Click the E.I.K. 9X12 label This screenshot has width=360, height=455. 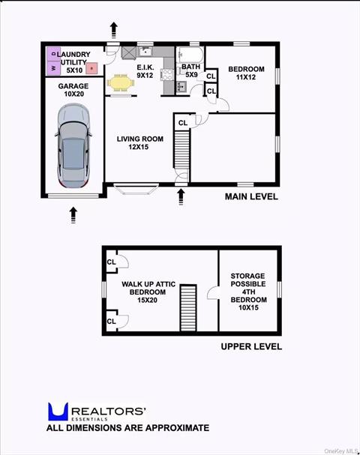pos(145,71)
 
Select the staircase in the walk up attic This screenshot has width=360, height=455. pos(187,307)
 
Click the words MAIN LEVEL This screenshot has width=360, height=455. pos(251,197)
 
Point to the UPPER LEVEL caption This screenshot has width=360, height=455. pos(251,346)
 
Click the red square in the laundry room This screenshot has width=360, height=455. pos(91,68)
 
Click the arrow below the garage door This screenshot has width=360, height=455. pos(73,215)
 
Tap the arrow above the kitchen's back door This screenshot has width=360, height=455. pos(113,30)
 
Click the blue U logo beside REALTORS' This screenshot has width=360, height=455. pos(58,411)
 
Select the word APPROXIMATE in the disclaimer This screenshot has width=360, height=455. pos(172,428)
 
